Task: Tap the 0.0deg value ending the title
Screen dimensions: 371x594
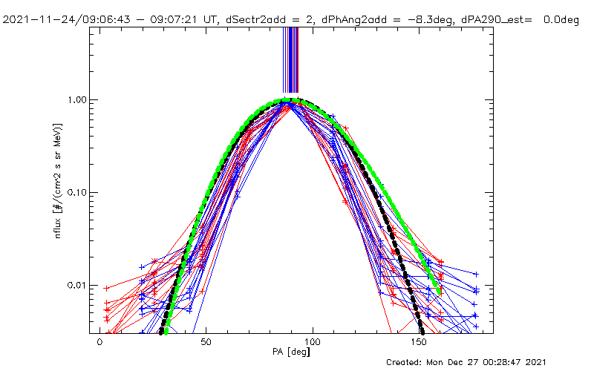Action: [560, 20]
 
